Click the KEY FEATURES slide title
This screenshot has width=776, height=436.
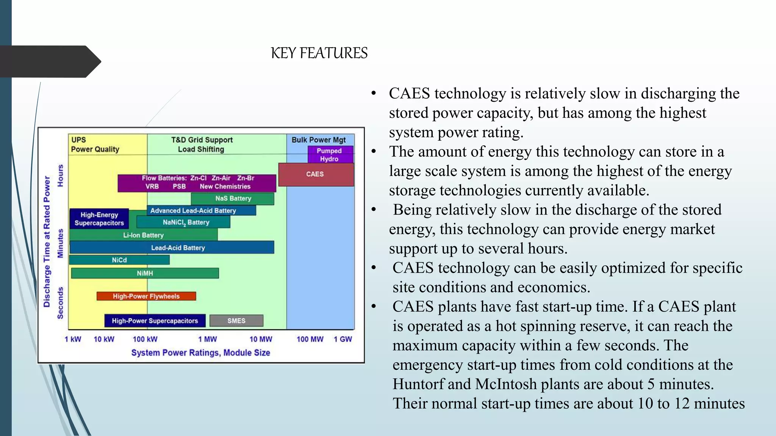(319, 53)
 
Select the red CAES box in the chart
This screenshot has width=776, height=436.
(316, 174)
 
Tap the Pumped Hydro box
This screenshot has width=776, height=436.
(330, 155)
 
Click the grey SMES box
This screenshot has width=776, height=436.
(236, 321)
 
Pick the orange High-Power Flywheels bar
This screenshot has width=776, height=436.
(146, 296)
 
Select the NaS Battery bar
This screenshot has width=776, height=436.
(233, 198)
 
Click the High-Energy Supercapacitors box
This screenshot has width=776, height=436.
(99, 219)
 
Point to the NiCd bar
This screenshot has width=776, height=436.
(119, 260)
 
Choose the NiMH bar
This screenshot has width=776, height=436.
(145, 273)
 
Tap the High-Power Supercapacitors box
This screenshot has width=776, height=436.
(155, 321)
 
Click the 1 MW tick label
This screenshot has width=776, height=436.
(208, 339)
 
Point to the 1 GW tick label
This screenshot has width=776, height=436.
(343, 339)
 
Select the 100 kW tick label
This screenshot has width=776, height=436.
(145, 339)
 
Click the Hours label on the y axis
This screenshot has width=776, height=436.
(60, 176)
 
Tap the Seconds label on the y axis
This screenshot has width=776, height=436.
(60, 303)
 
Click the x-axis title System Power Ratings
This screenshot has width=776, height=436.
(200, 353)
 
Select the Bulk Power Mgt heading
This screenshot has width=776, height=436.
(318, 140)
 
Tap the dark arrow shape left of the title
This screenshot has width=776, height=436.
(49, 62)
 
